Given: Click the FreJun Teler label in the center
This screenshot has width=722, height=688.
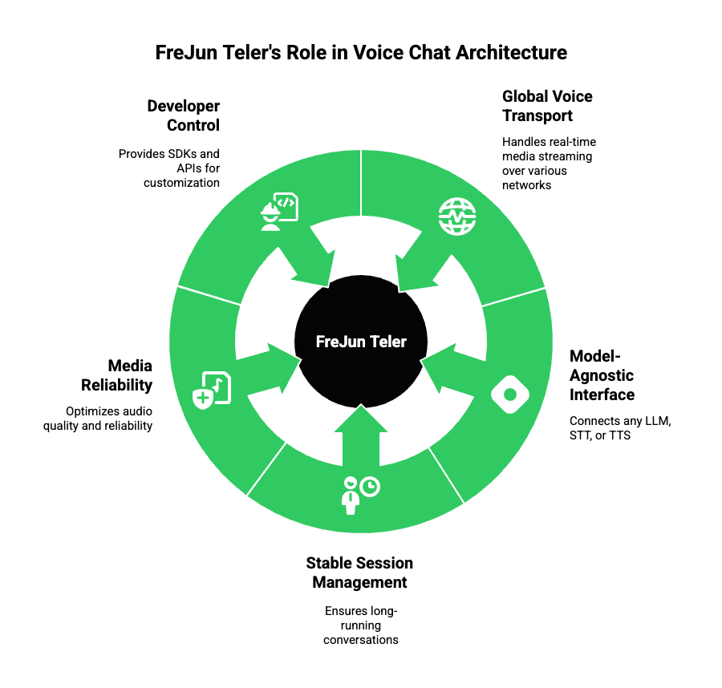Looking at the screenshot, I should [361, 342].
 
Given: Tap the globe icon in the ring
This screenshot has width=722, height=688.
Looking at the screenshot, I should [456, 216].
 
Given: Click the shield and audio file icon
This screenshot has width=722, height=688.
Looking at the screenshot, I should [212, 390].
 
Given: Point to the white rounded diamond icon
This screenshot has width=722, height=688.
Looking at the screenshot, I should [510, 394].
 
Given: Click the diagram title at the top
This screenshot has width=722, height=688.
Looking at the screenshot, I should [361, 53].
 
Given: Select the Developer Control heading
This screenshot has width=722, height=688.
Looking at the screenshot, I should [184, 115].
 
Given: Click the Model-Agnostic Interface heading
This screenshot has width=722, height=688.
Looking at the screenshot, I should [602, 375].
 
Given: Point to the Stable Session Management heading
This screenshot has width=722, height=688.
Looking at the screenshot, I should [360, 573].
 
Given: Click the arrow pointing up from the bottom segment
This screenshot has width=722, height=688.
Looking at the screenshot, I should [360, 437].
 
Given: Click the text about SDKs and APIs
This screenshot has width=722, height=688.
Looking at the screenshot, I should [169, 167].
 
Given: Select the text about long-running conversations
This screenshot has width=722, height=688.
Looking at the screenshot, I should [361, 625].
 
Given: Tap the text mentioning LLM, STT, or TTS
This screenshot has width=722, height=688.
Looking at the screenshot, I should [619, 428].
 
